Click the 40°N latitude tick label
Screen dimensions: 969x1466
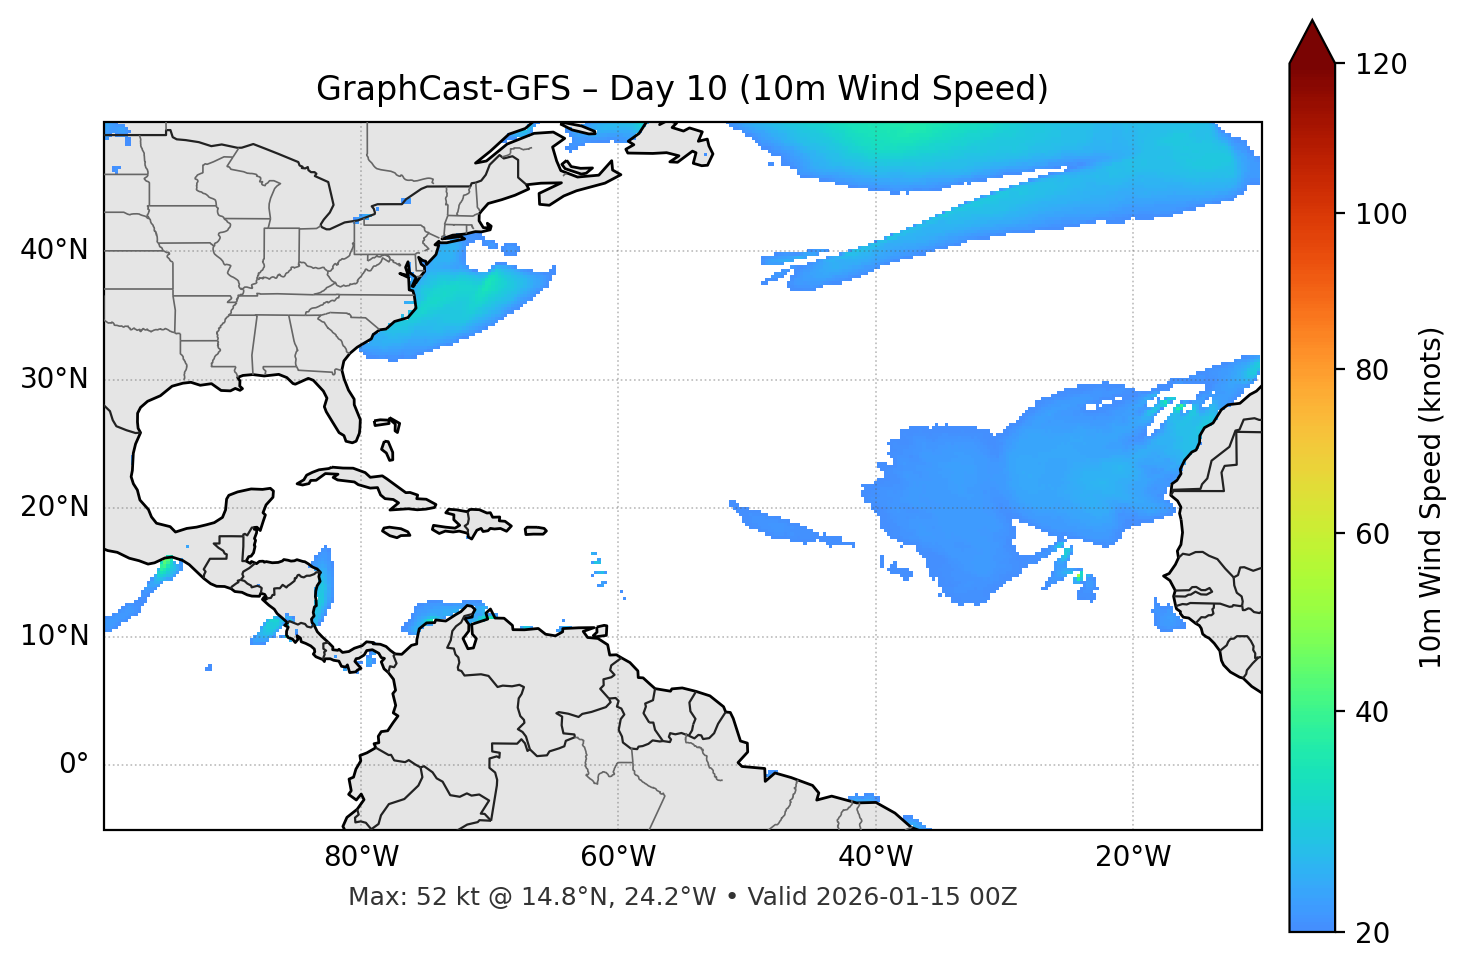(x=54, y=250)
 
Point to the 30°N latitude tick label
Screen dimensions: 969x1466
(x=54, y=379)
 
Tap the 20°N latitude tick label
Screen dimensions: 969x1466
(x=54, y=507)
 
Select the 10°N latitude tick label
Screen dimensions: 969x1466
(x=54, y=636)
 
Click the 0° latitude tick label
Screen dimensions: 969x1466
(x=74, y=765)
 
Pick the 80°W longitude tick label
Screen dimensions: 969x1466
(x=361, y=857)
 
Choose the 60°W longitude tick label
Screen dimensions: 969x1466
(x=618, y=857)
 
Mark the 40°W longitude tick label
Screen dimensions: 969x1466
(x=875, y=857)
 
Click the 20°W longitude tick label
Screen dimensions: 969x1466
(x=1132, y=857)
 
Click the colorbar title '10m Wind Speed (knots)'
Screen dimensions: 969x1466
(x=1431, y=498)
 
